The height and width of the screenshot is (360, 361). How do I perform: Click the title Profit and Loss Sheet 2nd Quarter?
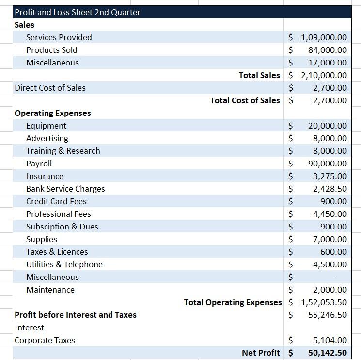coord(78,12)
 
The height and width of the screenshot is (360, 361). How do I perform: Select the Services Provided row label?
coord(59,37)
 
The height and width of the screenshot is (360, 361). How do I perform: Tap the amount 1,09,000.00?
coord(324,37)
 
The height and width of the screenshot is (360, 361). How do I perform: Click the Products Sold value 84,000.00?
coord(327,50)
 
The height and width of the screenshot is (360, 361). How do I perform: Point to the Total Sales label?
coord(259,75)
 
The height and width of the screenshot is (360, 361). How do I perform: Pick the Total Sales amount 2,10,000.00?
coord(324,75)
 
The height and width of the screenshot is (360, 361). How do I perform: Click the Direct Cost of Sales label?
coord(50,88)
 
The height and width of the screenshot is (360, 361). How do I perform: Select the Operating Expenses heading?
coord(53,113)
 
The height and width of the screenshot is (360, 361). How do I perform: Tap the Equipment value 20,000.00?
coord(327,126)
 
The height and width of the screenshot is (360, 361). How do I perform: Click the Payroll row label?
coord(39,164)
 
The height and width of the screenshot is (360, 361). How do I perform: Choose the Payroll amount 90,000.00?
coord(327,164)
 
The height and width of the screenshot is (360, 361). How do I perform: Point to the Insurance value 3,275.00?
coord(330,176)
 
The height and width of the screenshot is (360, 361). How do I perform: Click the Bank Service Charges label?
coord(65,189)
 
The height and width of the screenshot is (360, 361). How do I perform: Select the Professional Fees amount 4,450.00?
coord(330,214)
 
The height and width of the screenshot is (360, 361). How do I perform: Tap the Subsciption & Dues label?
coord(62,227)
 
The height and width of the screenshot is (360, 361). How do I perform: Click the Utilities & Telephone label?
coord(64,264)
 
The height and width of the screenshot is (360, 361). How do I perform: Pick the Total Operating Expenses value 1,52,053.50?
coord(324,302)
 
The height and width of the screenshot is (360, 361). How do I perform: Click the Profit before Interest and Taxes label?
coord(76,315)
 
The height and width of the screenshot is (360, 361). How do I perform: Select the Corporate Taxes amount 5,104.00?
coord(330,340)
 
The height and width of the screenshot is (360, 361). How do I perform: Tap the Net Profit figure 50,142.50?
coord(327,353)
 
